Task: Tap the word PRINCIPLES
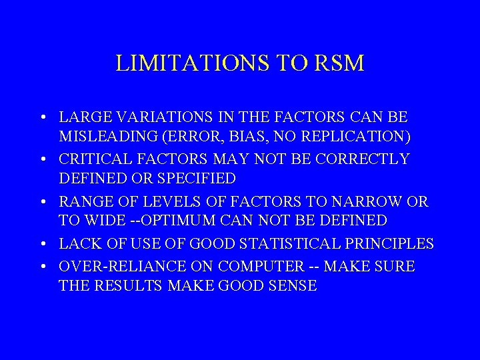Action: (390, 243)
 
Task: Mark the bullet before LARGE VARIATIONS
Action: (42, 118)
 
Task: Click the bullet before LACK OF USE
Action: (42, 245)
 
